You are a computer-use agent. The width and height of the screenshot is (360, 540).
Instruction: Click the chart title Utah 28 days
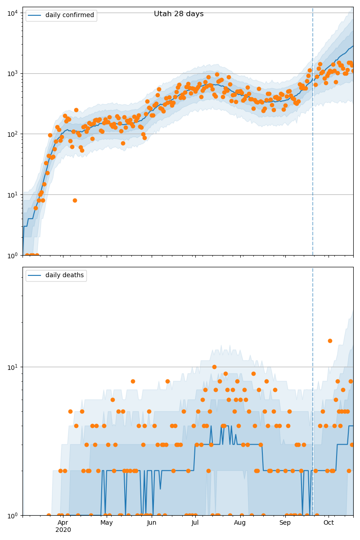pyautogui.click(x=179, y=14)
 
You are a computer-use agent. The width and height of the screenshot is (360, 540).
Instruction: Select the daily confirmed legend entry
pyautogui.click(x=69, y=15)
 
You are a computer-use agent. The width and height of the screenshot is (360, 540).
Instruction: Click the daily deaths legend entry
pyautogui.click(x=64, y=275)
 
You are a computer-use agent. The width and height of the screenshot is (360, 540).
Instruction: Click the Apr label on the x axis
pyautogui.click(x=63, y=523)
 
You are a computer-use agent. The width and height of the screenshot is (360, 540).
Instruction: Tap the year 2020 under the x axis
pyautogui.click(x=63, y=530)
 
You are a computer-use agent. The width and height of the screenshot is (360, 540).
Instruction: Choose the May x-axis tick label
pyautogui.click(x=107, y=523)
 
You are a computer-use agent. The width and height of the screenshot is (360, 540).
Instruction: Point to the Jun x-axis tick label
pyautogui.click(x=152, y=523)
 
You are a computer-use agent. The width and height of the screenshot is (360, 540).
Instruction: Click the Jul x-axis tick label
pyautogui.click(x=195, y=523)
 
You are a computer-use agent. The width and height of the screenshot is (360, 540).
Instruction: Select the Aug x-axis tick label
pyautogui.click(x=240, y=523)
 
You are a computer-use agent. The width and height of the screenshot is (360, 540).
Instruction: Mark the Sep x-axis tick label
pyautogui.click(x=285, y=523)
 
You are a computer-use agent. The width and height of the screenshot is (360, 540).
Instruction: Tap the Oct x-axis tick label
pyautogui.click(x=328, y=523)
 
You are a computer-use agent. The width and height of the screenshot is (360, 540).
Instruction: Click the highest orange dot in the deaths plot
pyautogui.click(x=330, y=341)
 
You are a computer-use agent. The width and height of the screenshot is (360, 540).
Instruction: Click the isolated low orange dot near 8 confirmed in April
pyautogui.click(x=75, y=200)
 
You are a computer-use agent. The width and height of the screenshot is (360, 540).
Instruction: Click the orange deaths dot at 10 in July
pyautogui.click(x=214, y=367)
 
